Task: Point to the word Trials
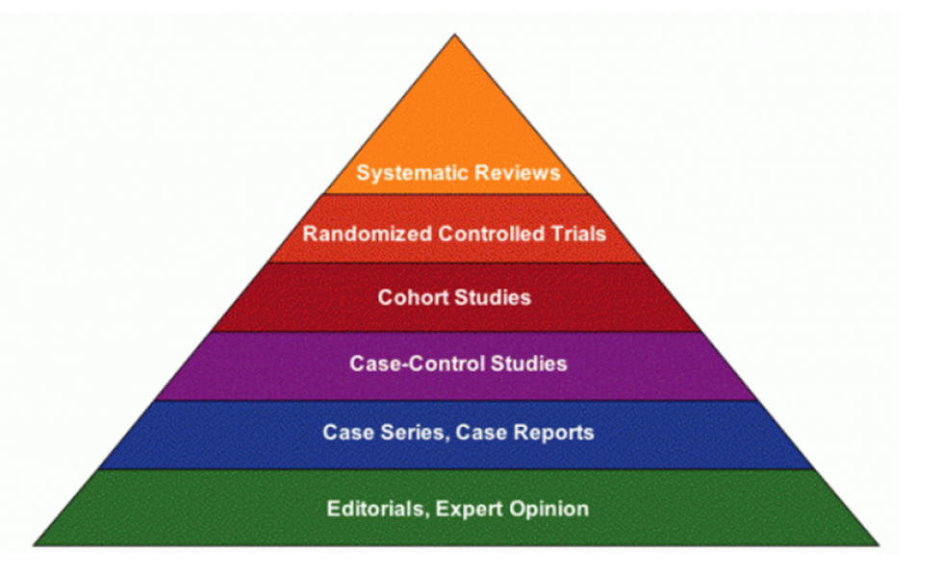tap(582, 234)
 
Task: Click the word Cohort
tap(411, 297)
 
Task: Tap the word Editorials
tap(375, 509)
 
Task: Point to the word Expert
tap(471, 509)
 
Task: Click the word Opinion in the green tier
tap(549, 509)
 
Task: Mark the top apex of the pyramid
tap(454, 36)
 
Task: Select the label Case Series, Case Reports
tap(458, 432)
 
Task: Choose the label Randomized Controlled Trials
tap(454, 234)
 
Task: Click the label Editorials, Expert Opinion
tap(457, 509)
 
